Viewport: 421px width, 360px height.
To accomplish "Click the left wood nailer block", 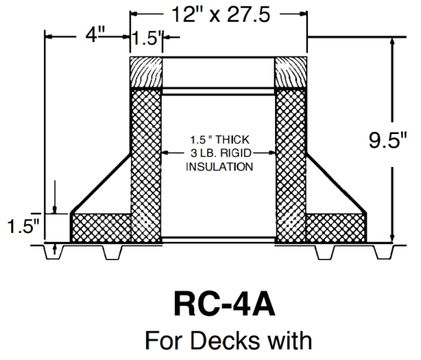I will tap(147, 71).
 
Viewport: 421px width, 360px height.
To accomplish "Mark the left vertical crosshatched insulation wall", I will tap(147, 161).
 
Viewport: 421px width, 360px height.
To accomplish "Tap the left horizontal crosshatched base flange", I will tap(102, 227).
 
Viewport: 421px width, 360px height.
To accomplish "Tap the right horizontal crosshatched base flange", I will tap(336, 227).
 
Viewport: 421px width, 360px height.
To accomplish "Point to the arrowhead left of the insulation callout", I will tap(166, 152).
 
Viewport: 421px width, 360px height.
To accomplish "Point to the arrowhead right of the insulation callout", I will tap(272, 152).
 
